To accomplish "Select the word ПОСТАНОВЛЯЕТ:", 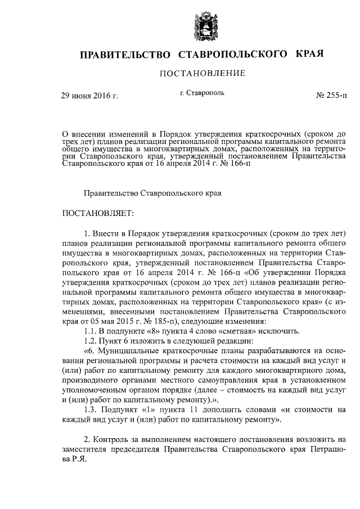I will point(96,214).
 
